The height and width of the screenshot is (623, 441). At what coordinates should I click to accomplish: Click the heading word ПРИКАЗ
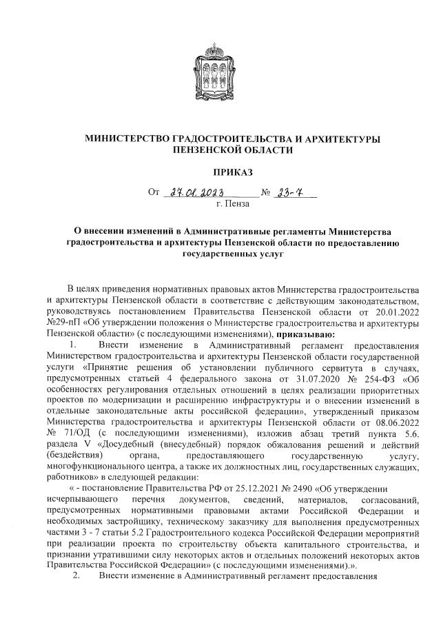point(220,170)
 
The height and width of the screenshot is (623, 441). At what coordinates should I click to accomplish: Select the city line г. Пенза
point(232,204)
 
